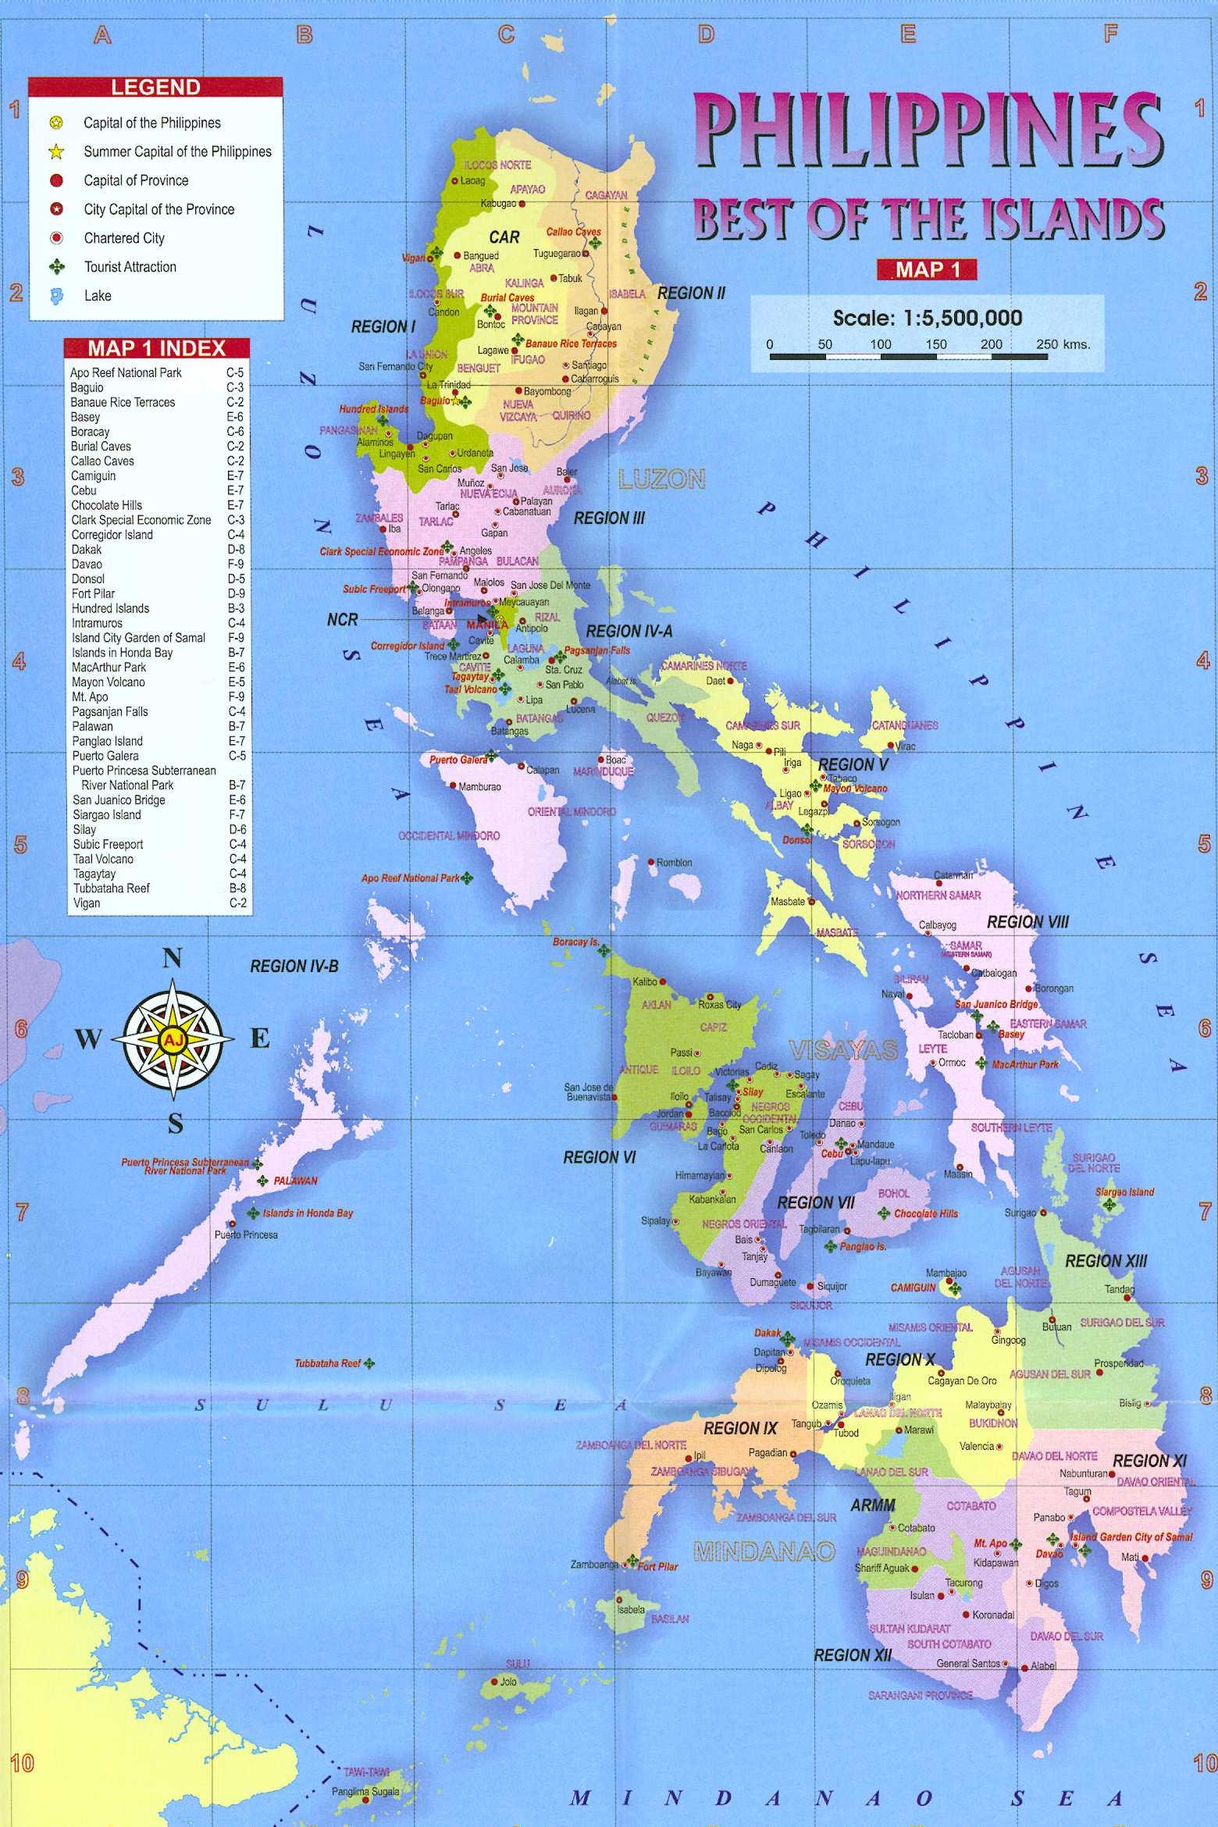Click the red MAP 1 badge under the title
pyautogui.click(x=926, y=269)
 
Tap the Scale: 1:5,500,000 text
pyautogui.click(x=928, y=318)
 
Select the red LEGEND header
pyautogui.click(x=155, y=87)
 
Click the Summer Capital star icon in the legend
pyautogui.click(x=56, y=151)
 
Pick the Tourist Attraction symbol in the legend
pyautogui.click(x=56, y=267)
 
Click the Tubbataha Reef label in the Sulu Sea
pyautogui.click(x=327, y=1363)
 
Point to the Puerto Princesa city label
pyautogui.click(x=246, y=1234)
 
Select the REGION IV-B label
pyautogui.click(x=294, y=967)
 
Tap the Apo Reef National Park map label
pyautogui.click(x=410, y=878)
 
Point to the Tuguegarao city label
pyautogui.click(x=557, y=254)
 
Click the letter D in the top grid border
pyautogui.click(x=706, y=34)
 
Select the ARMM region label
pyautogui.click(x=872, y=1505)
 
